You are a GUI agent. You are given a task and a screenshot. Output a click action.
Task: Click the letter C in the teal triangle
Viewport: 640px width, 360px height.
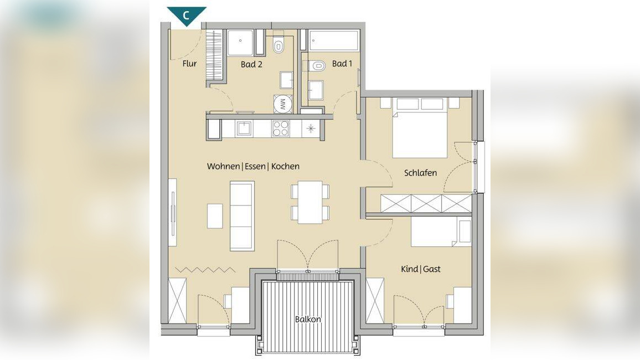pos(186,16)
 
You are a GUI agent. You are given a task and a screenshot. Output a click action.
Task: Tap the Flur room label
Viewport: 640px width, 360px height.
pos(189,64)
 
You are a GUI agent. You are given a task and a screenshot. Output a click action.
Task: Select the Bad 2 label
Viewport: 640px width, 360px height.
pos(251,64)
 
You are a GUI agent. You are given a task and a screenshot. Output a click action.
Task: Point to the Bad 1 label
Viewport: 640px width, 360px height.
pos(342,64)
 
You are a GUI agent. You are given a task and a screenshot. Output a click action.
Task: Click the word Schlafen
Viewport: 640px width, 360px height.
pos(420,173)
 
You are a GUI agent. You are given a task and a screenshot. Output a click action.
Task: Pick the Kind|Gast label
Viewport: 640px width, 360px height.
pos(420,269)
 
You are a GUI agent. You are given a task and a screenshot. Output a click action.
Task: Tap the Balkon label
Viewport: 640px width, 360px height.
pos(308,319)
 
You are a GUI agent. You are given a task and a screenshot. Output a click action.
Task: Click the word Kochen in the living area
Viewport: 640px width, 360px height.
pos(285,166)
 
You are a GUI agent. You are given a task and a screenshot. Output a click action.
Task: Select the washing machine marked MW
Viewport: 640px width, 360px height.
pos(282,104)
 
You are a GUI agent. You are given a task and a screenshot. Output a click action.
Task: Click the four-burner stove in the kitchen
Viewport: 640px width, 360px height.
pos(281,129)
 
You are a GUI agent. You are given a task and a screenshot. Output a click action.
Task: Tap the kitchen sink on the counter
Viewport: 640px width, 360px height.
pos(244,129)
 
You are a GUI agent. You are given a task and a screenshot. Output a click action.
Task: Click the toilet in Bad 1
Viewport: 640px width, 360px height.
pos(316,65)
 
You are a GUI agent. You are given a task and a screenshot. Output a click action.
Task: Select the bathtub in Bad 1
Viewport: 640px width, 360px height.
pos(334,40)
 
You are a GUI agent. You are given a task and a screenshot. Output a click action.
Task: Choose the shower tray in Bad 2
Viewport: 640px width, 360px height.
pos(241,43)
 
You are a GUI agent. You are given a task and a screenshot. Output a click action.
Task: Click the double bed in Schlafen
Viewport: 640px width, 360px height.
pos(420,128)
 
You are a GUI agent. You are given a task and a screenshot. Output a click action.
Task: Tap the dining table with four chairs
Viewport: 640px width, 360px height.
pos(310,203)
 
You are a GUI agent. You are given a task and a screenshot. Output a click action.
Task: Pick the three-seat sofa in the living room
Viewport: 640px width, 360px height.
pos(242,216)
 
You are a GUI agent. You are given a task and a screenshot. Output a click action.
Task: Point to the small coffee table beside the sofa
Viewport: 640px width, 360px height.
pos(215,216)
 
